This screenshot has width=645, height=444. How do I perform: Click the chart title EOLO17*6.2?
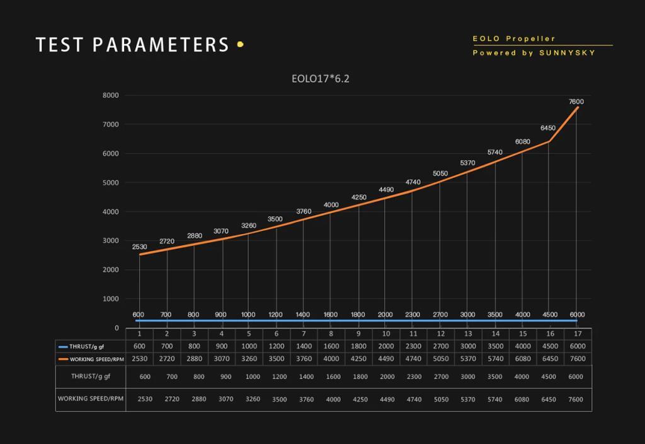coord(320,79)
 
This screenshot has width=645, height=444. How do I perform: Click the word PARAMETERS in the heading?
coord(161,45)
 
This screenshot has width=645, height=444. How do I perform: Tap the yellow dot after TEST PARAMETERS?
coord(240,45)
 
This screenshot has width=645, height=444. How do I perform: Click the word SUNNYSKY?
coord(567,53)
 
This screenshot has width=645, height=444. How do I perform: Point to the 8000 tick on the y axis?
coord(111,95)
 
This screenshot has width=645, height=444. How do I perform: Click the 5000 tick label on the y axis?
coord(111,183)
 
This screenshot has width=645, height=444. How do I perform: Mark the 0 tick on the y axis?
coord(117,328)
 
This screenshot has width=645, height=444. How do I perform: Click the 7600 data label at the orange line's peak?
coord(576,102)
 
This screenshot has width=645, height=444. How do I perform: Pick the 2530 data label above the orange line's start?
coord(139,247)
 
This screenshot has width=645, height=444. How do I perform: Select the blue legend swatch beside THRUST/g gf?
coord(62,346)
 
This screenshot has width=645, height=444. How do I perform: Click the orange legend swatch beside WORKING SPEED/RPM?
coord(62,359)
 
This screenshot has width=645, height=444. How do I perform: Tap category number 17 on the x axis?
coord(578,334)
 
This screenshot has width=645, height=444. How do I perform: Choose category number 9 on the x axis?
coord(358,334)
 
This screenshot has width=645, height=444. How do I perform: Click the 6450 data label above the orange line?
coord(548,128)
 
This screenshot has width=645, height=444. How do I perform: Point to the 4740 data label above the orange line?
coord(413,182)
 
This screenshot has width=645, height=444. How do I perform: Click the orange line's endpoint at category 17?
coord(577,107)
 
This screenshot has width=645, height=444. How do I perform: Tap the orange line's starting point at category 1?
coord(139,255)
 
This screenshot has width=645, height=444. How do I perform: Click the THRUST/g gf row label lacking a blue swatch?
coord(91,377)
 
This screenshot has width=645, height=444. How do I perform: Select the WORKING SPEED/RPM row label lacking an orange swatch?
coord(91,399)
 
